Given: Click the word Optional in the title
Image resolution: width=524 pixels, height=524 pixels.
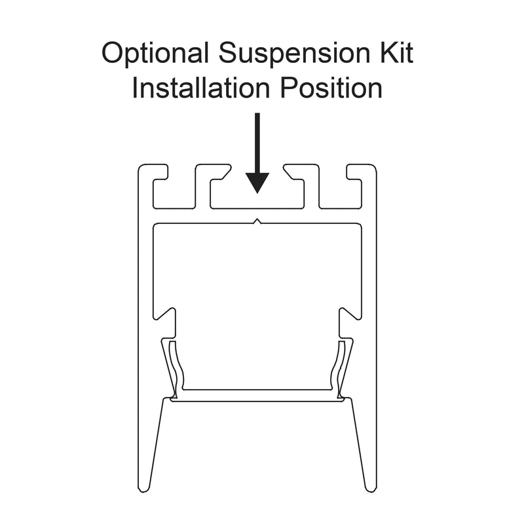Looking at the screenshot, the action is [155, 54].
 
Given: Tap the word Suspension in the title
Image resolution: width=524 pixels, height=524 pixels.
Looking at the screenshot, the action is [294, 54].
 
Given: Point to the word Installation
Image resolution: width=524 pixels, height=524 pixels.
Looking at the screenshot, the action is [201, 88].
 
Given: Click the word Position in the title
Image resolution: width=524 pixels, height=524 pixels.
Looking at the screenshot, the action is [331, 88].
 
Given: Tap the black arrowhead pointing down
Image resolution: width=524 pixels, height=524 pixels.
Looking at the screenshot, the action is [257, 183].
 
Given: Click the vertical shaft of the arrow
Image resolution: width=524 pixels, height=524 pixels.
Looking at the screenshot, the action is [257, 143].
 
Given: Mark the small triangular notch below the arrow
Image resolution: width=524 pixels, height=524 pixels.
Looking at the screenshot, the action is [257, 221].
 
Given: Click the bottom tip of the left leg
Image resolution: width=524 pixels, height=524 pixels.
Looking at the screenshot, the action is [143, 490].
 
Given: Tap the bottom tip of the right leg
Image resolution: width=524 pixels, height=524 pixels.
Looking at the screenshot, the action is [371, 490].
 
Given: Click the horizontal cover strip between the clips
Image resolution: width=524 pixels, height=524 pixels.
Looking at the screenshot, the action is [257, 395].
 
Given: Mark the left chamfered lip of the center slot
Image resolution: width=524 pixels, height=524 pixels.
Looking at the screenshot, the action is [225, 172].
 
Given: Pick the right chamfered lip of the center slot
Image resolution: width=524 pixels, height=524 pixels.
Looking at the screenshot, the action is [290, 172].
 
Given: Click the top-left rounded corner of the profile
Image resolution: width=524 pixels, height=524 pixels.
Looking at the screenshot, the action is [141, 167].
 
